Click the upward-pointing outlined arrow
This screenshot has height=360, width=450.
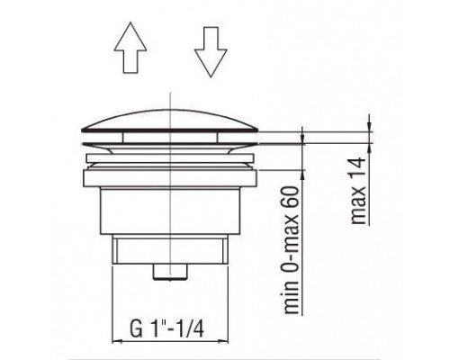(130, 47)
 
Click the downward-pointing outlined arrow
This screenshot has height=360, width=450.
(211, 52)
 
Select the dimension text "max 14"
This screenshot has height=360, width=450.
(359, 191)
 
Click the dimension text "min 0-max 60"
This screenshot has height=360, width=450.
(292, 250)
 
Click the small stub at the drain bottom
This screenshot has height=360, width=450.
(170, 272)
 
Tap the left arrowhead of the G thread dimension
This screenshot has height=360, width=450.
(116, 341)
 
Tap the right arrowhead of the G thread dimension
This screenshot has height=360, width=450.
(224, 341)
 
